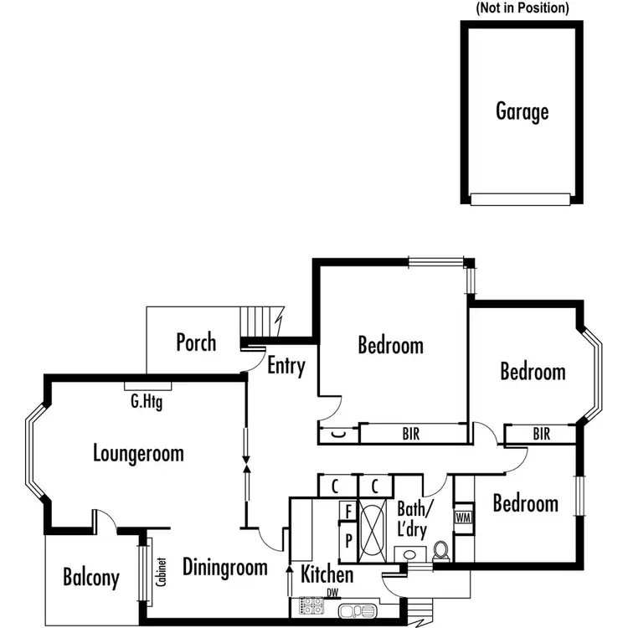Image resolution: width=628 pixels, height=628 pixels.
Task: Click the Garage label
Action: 522,111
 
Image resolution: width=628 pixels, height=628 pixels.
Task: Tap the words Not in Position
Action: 522,8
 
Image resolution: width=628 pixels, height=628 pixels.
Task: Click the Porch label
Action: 196,342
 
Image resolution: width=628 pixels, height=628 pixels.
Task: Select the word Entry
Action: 286,366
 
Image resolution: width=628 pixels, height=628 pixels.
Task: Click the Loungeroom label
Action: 138,454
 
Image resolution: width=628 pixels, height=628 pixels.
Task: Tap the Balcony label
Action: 91,577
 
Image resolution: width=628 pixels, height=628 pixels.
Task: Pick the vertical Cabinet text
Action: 159,579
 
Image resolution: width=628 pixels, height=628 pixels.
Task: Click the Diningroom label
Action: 225,567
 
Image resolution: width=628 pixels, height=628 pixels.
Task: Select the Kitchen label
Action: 327,575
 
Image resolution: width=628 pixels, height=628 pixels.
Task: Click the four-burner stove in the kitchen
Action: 306,608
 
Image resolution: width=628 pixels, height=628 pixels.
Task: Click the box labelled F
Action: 347,510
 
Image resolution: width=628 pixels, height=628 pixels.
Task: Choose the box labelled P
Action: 347,538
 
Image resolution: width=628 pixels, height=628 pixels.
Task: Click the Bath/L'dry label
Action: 415,519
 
